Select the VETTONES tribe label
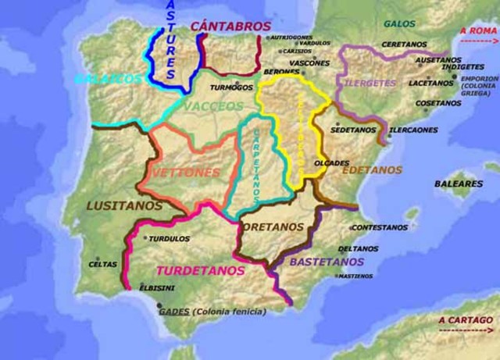(187, 172)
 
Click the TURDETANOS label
(201, 271)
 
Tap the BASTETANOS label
(327, 262)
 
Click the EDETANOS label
(372, 169)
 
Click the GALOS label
(398, 24)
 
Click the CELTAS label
(103, 264)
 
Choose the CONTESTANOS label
(378, 227)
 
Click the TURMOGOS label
(232, 87)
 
